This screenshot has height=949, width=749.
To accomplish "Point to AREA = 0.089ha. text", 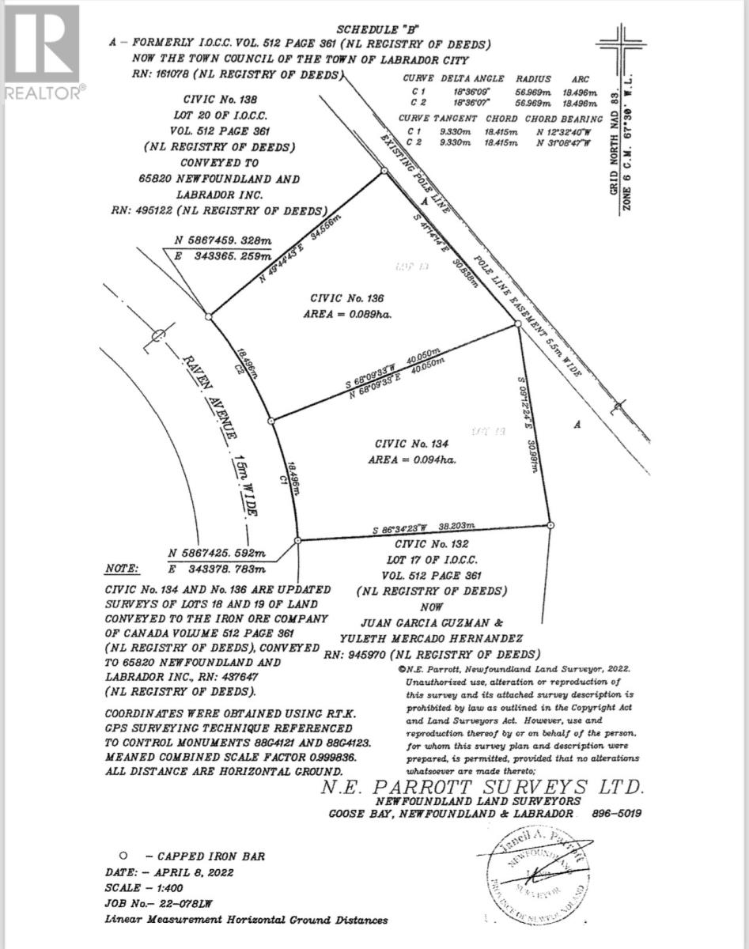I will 349,314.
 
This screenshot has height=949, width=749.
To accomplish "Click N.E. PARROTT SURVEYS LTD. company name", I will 482,787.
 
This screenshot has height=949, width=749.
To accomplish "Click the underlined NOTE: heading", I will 122,569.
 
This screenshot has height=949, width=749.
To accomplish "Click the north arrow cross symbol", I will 619,40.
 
